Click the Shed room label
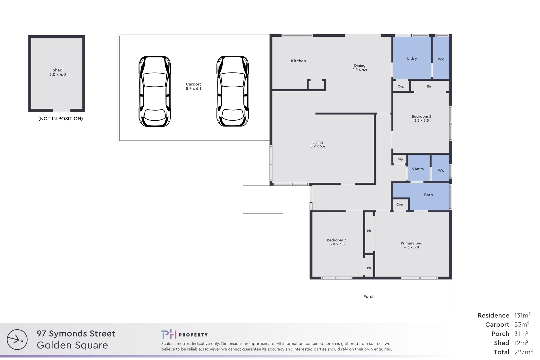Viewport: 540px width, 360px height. pyautogui.click(x=58, y=72)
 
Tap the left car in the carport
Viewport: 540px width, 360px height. pyautogui.click(x=155, y=91)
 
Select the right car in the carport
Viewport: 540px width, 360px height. pyautogui.click(x=233, y=91)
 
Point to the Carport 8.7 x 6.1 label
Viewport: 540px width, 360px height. pyautogui.click(x=193, y=86)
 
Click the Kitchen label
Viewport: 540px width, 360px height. pyautogui.click(x=298, y=61)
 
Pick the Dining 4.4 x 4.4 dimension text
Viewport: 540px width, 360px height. pyautogui.click(x=360, y=70)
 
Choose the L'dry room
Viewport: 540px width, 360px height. pyautogui.click(x=412, y=58)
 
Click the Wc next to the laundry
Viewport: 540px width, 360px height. pyautogui.click(x=441, y=58)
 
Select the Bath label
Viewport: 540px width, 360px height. pyautogui.click(x=428, y=195)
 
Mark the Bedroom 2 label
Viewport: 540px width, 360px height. pyautogui.click(x=421, y=116)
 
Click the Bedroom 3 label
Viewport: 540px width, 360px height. pyautogui.click(x=337, y=240)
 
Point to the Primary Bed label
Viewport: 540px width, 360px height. pyautogui.click(x=412, y=243)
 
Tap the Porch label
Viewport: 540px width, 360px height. pyautogui.click(x=369, y=297)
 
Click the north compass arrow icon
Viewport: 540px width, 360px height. pyautogui.click(x=17, y=340)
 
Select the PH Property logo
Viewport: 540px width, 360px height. pyautogui.click(x=184, y=334)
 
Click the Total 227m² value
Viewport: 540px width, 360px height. pyautogui.click(x=523, y=352)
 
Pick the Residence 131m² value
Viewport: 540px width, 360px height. pyautogui.click(x=522, y=315)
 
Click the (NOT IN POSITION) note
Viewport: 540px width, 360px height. pyautogui.click(x=61, y=119)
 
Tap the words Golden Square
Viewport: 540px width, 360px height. pyautogui.click(x=72, y=345)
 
